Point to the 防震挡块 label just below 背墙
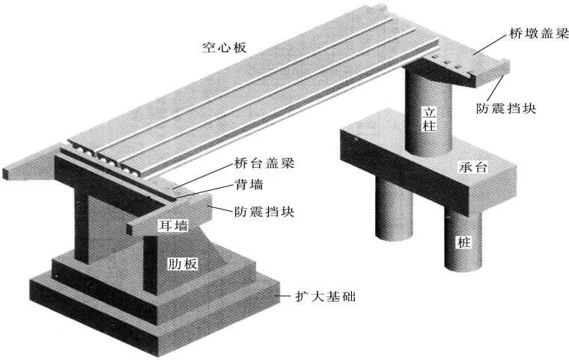pyautogui.click(x=264, y=212)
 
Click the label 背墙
pyautogui.click(x=246, y=184)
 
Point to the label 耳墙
pyautogui.click(x=173, y=224)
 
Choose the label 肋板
pyautogui.click(x=183, y=263)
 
